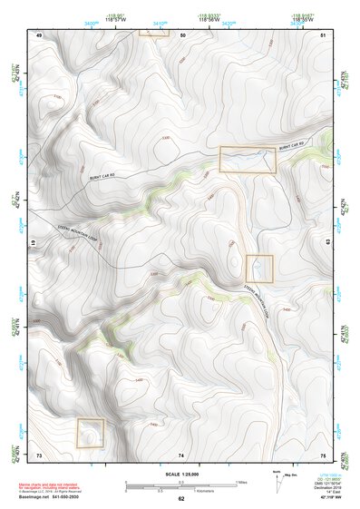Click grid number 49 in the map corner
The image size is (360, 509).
tap(39, 34)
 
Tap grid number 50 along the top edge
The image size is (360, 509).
tap(182, 34)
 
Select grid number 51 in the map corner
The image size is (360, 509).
tap(324, 34)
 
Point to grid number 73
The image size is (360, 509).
tap(39, 454)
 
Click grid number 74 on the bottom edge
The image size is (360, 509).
tap(181, 454)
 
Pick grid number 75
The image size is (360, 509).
tap(323, 454)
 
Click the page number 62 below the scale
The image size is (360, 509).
tap(181, 499)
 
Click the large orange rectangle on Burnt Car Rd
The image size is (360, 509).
tap(248, 159)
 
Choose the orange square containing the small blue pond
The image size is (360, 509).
tap(259, 268)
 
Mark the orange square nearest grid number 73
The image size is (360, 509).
tap(90, 432)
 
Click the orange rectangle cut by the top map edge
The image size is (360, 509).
tap(154, 32)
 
